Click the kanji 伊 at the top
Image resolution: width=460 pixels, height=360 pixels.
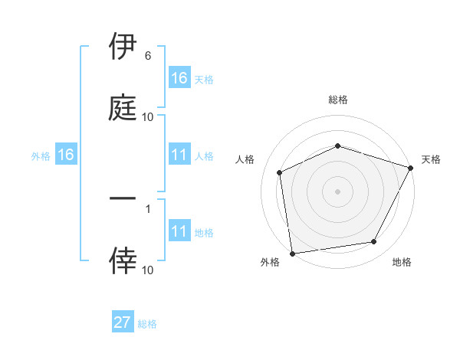pos(123,45)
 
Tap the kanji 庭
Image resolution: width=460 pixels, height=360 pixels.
pos(123,106)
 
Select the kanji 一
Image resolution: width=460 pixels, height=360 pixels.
pos(123,198)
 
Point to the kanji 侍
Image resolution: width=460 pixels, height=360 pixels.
pos(123,260)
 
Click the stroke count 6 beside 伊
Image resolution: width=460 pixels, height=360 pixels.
pos(147,56)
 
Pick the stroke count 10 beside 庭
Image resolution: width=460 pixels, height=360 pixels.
pos(148,117)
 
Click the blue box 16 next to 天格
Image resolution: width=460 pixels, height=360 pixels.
pos(179,78)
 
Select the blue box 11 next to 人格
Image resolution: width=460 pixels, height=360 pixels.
pos(179,155)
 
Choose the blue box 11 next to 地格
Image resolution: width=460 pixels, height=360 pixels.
pos(179,231)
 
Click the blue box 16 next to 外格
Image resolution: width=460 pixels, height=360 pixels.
pos(66,155)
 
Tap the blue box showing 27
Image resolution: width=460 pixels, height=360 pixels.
pos(123,322)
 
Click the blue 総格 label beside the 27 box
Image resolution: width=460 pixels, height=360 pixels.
pos(147,324)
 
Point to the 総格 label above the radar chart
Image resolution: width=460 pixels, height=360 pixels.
pos(337,100)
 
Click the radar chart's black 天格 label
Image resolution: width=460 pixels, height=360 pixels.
pos(431,159)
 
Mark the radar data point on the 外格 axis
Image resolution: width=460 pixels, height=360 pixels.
pos(292,253)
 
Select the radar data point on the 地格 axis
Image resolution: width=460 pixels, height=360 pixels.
pos(374,242)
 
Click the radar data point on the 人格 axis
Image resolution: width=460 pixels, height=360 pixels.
pos(280,172)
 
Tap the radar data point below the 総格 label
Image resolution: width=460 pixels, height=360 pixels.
pos(337,146)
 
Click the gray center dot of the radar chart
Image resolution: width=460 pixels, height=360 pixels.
pos(337,191)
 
